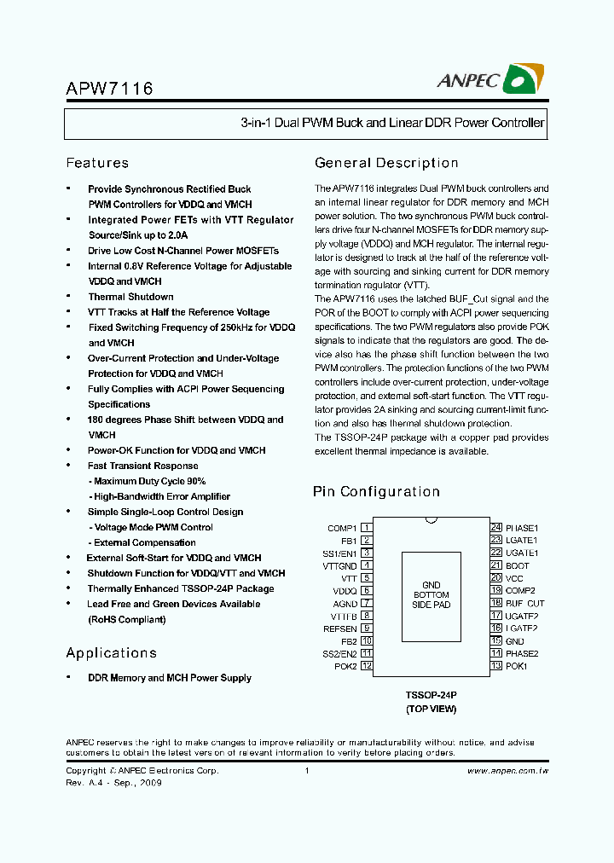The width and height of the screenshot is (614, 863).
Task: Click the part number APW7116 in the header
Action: pyautogui.click(x=109, y=87)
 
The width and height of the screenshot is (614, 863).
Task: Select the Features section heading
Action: pyautogui.click(x=97, y=163)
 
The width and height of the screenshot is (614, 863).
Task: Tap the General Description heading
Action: pyautogui.click(x=386, y=163)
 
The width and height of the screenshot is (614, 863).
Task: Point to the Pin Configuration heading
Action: pyautogui.click(x=376, y=491)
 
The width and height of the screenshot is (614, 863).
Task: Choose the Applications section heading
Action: pyautogui.click(x=112, y=652)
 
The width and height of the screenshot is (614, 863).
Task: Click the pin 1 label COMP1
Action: pyautogui.click(x=342, y=528)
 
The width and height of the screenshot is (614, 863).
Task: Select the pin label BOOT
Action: pyautogui.click(x=517, y=565)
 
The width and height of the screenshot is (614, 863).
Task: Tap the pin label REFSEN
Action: pyautogui.click(x=340, y=628)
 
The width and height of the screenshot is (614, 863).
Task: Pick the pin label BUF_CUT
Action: pyautogui.click(x=524, y=603)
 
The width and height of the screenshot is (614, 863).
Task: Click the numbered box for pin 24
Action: pyautogui.click(x=495, y=528)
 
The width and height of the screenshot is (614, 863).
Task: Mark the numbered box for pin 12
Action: pyautogui.click(x=367, y=666)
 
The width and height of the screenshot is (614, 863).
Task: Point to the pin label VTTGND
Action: pyautogui.click(x=340, y=565)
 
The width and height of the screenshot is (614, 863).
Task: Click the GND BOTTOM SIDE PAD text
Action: pyautogui.click(x=431, y=594)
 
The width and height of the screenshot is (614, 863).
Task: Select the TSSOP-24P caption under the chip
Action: pyautogui.click(x=431, y=696)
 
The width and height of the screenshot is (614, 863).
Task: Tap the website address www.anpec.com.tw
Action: pyautogui.click(x=507, y=771)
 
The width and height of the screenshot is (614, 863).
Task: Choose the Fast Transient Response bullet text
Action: pyautogui.click(x=142, y=466)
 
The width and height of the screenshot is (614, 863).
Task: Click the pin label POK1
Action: pyautogui.click(x=516, y=666)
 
